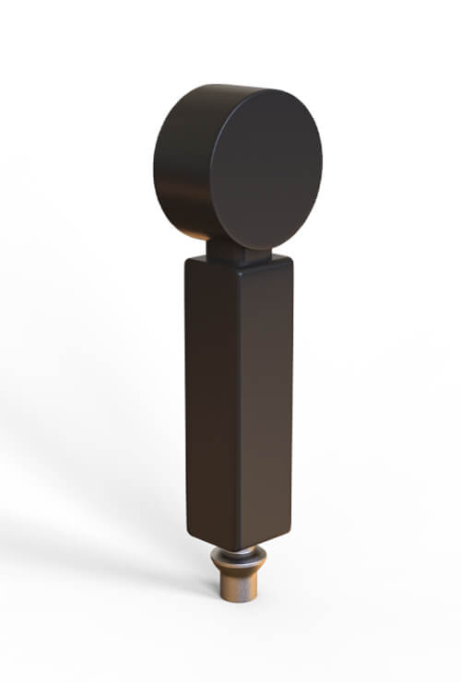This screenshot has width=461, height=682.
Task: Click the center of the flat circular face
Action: coord(266,170)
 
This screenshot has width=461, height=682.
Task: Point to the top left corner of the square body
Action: coord(186,261)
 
